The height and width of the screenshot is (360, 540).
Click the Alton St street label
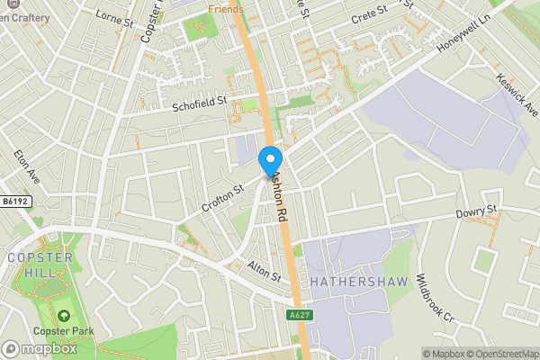pos(265,269)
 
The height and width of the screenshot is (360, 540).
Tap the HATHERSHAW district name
pos(359,282)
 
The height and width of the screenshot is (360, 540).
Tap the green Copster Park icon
pos(64,316)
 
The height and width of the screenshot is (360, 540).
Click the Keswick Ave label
pos(516,94)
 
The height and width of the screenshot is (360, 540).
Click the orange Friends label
pos(225,8)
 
